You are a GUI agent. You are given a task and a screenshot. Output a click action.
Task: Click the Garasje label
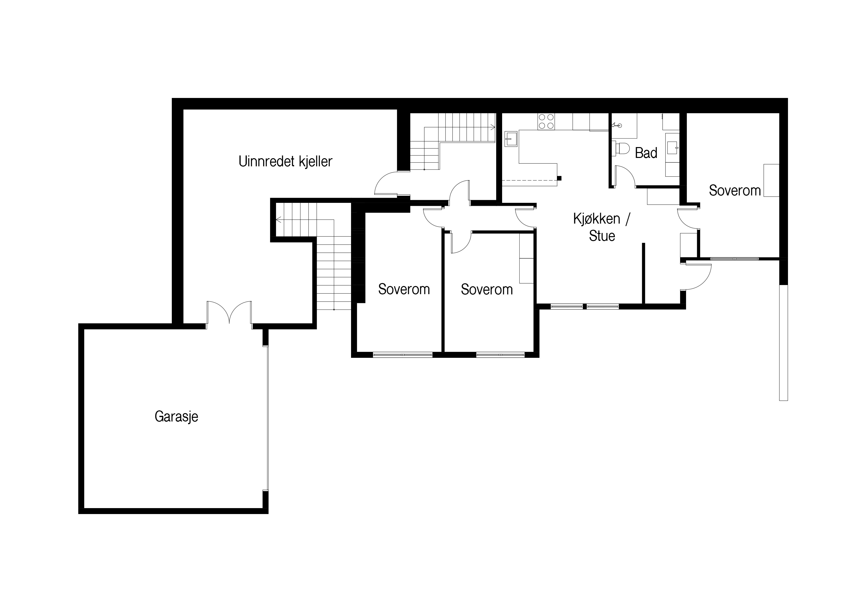pos(176,417)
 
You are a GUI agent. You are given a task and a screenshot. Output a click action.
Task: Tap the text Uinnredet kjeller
pos(286,161)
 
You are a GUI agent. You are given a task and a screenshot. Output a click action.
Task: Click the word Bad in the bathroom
pos(646,153)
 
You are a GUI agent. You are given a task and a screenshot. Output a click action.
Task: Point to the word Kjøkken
pos(597,219)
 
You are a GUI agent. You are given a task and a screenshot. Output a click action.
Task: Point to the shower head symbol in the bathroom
pos(617,124)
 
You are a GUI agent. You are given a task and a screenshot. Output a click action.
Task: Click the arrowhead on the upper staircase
pos(492,127)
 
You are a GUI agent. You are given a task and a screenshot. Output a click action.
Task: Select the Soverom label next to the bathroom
pos(734,191)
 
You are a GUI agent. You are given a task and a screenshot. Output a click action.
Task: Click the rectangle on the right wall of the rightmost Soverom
pos(771,180)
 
